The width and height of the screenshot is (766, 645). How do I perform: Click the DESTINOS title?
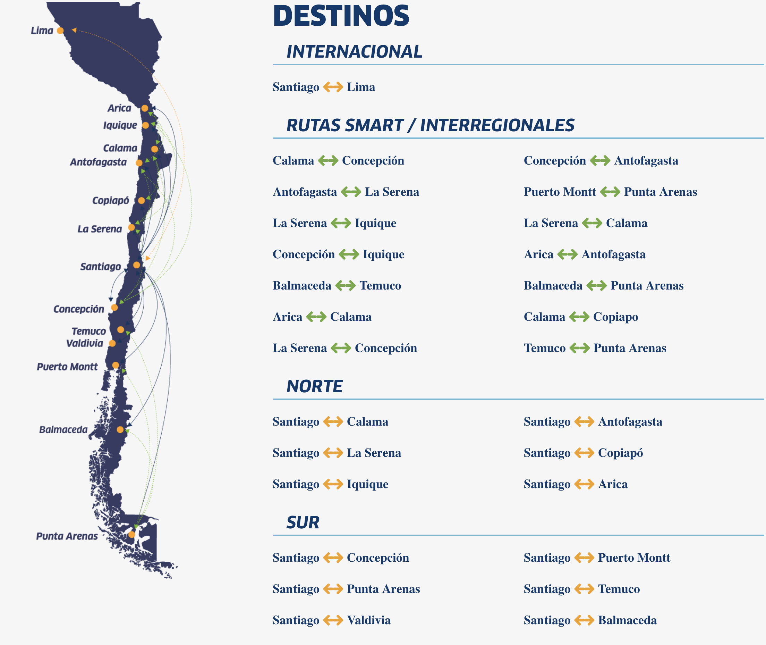341,16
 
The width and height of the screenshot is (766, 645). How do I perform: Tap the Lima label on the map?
42,31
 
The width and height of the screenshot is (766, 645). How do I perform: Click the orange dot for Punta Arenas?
132,535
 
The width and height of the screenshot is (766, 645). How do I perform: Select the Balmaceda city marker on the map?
120,430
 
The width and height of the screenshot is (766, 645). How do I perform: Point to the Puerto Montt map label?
67,367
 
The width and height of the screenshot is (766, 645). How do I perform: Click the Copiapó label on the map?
110,201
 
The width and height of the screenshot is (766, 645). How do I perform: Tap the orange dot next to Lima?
60,31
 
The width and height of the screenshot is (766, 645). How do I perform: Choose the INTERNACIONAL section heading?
354,52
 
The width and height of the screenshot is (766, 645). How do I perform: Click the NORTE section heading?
314,386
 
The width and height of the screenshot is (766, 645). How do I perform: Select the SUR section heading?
303,522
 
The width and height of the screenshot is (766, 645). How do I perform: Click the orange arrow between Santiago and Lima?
333,87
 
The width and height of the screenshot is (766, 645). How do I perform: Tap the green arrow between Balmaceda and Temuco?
345,286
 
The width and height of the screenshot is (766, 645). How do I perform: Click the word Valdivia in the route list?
369,620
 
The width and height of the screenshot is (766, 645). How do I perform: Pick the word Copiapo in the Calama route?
615,317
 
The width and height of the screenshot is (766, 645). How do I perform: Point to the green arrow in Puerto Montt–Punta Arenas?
610,192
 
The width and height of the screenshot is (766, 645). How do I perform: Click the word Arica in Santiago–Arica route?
613,484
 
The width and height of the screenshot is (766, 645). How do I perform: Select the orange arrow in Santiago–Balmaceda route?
584,620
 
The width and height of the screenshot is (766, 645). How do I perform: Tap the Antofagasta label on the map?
98,162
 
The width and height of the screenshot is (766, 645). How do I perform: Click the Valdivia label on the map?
85,343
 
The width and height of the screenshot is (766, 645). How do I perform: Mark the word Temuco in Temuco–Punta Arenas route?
545,348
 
